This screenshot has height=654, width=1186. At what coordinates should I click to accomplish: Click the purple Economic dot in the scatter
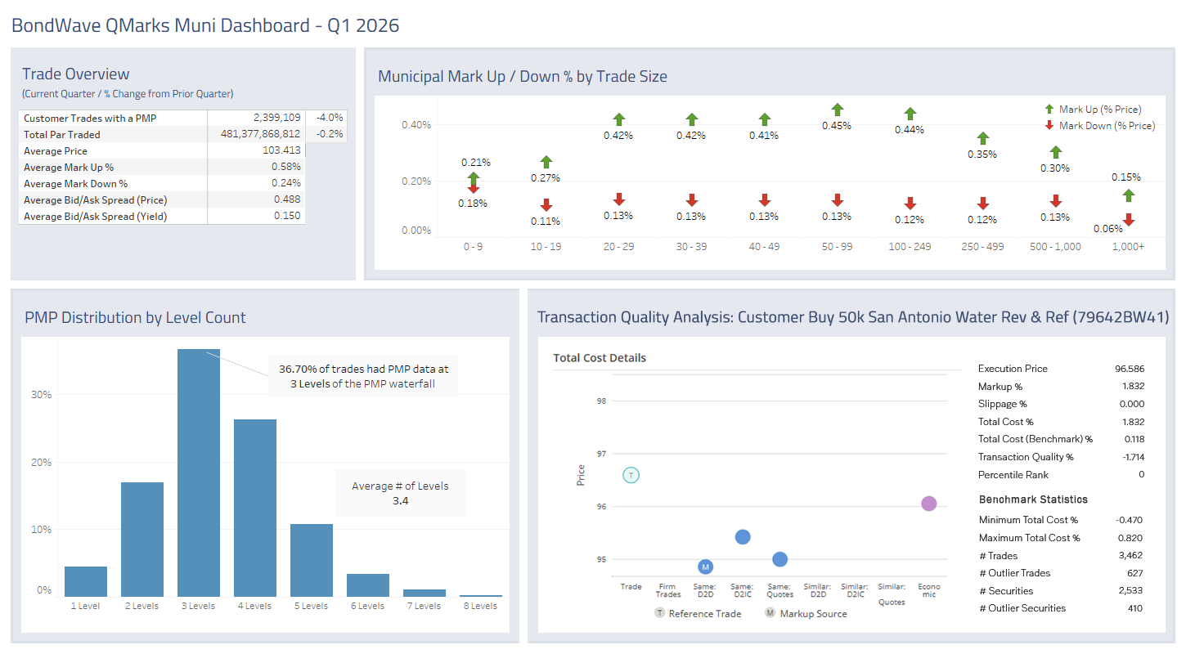pos(928,504)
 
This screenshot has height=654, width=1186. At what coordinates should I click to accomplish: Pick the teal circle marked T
pos(631,475)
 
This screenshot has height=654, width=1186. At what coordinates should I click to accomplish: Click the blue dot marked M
pos(705,567)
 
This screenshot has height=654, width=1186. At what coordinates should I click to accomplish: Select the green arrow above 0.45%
pos(837,110)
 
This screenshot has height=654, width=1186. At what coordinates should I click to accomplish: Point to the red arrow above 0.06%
pos(1128,219)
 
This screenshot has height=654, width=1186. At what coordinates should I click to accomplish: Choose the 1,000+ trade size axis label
pos(1128,247)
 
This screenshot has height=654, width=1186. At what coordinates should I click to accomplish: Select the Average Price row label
pos(56,151)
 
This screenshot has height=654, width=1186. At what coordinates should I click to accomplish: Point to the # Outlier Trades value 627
pos(1134,573)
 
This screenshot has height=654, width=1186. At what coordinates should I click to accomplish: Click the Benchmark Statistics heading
pos(1032,499)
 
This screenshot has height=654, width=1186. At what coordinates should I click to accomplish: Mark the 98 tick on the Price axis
pos(602,401)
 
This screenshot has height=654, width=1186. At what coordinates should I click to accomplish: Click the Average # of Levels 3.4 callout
pos(401,493)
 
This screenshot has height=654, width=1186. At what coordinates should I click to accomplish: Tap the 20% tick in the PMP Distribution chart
pos(42,462)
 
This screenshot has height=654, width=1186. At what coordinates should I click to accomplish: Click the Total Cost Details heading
pos(599,358)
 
